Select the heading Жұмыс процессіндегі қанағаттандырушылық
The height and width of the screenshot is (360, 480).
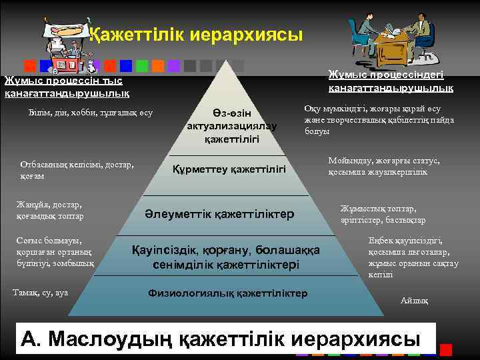point(391,81)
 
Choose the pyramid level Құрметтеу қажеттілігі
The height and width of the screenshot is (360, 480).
point(229,171)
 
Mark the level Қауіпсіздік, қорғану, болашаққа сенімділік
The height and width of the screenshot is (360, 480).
point(226,257)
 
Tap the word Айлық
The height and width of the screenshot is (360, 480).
point(414,301)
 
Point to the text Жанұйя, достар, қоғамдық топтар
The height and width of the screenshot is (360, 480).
point(53,210)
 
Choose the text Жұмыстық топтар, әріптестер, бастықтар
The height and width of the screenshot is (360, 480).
point(383,214)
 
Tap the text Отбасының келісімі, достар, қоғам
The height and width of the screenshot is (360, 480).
point(77,169)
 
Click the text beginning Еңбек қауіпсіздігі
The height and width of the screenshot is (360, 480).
point(413,257)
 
